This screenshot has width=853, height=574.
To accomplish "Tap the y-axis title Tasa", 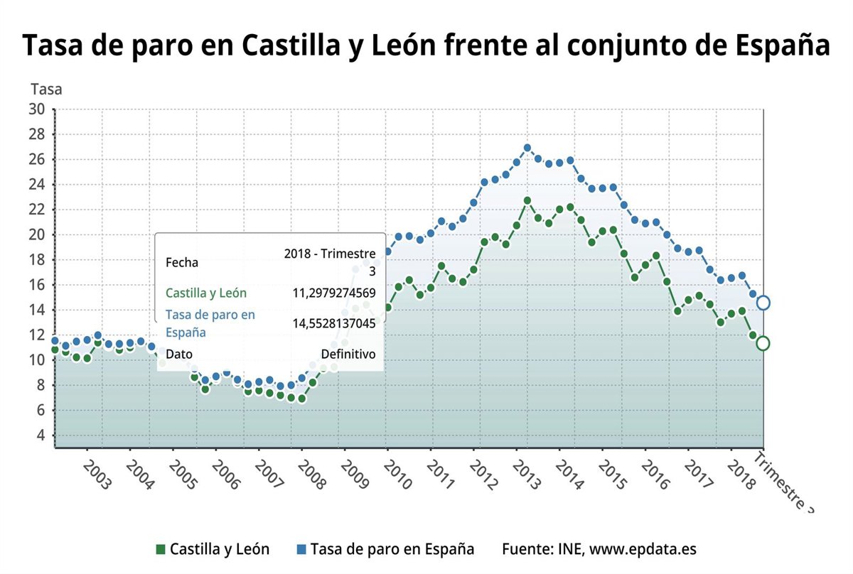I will coord(46,90).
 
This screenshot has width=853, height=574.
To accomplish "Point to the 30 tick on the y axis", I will coord(37,109).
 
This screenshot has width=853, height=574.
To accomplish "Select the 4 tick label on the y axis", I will coord(41,435).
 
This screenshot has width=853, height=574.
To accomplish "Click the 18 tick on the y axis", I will coord(37,260).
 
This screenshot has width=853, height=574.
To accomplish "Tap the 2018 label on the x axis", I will coord(741,474).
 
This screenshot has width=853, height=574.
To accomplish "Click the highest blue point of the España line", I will coord(527,148).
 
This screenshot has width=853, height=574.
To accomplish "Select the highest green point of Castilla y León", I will coord(527,201).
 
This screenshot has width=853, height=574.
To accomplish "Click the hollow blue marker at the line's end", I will coord(763,303).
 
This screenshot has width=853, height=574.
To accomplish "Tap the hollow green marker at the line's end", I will coord(763,343).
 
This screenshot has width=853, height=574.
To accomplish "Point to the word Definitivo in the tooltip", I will coord(348,354).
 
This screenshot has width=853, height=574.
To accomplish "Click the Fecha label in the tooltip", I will coord(182,262).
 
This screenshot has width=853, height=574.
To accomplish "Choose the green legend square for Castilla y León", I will coord(161,549).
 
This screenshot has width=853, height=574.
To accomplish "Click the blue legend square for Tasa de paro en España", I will coord(301,549).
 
